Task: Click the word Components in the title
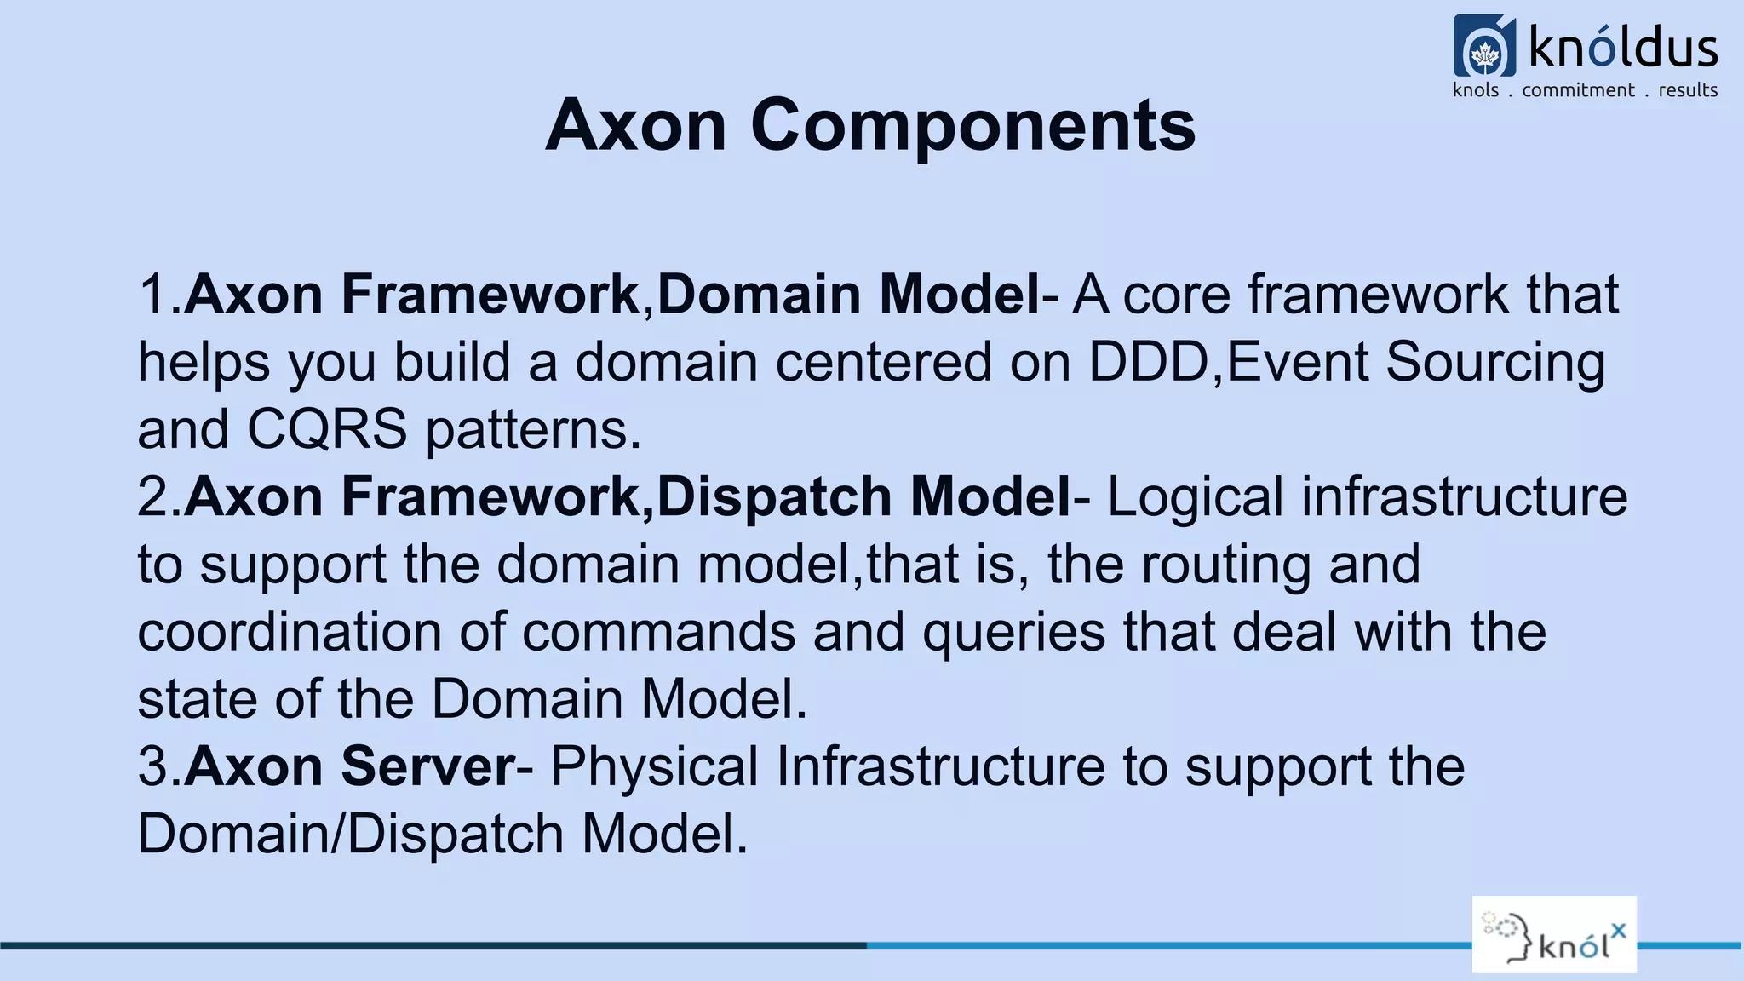(972, 125)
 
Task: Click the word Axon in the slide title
(635, 125)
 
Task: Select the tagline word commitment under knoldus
(1578, 90)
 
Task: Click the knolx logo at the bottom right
(1554, 934)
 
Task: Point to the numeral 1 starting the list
(153, 295)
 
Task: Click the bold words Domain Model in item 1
(847, 295)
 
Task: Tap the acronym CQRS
(327, 429)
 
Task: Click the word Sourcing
(1494, 362)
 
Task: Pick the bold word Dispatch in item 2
(773, 496)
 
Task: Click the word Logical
(1195, 496)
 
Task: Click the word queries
(1013, 632)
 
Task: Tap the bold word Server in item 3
(427, 766)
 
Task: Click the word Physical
(654, 766)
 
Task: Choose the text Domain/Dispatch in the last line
(350, 834)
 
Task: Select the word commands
(658, 632)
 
